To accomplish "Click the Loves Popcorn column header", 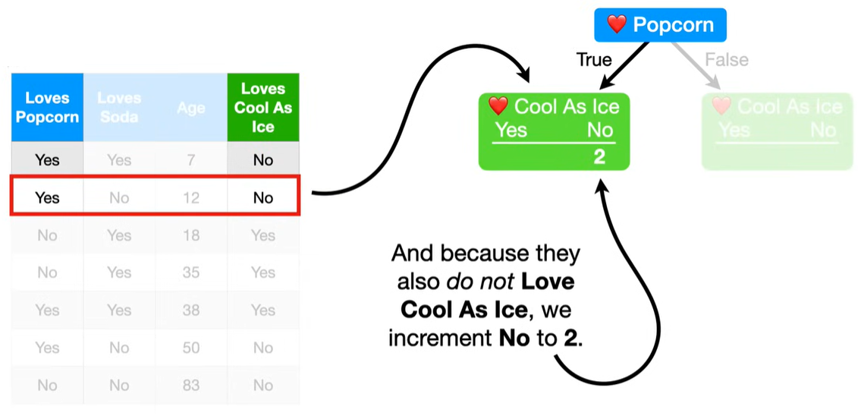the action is [x=47, y=107].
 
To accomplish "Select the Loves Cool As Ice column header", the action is [x=263, y=107].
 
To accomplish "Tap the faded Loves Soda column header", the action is [x=119, y=107].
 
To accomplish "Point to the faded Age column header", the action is [x=191, y=108].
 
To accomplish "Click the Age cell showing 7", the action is [x=191, y=160].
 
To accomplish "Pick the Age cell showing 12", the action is [x=191, y=197].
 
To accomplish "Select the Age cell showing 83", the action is [x=191, y=386].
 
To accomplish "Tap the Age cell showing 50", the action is [x=191, y=348].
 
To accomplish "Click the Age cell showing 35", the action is [x=191, y=273].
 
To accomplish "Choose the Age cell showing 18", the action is [x=191, y=235].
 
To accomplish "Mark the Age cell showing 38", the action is [x=191, y=310].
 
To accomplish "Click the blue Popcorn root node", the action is [x=660, y=24].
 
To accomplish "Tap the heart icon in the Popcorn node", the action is [x=617, y=24].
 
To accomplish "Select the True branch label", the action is [x=594, y=60].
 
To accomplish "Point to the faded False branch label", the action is [x=726, y=59].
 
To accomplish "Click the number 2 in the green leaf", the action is [x=599, y=157].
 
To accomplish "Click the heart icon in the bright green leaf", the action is [x=498, y=106].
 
